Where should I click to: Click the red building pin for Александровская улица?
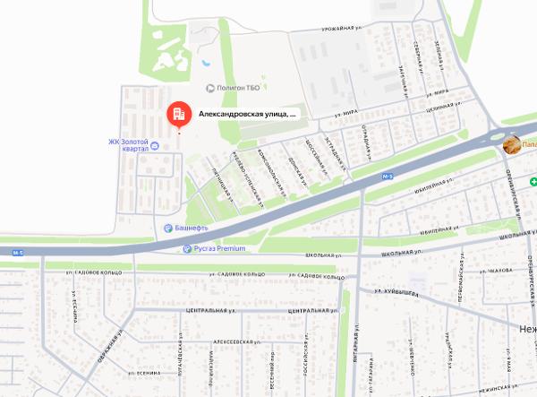click(177, 114)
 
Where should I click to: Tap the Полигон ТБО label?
click(237, 88)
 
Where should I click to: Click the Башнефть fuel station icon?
click(166, 229)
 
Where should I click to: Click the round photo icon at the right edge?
click(511, 144)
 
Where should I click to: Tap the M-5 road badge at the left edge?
click(19, 254)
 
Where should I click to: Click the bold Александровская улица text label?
click(246, 115)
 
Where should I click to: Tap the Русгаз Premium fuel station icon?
click(185, 248)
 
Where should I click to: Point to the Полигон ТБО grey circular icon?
click(211, 88)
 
